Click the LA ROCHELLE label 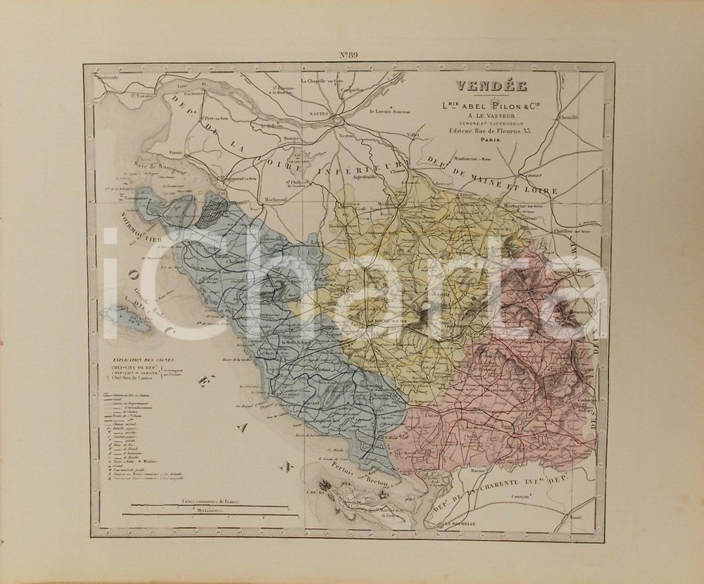458,524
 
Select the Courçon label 518,497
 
